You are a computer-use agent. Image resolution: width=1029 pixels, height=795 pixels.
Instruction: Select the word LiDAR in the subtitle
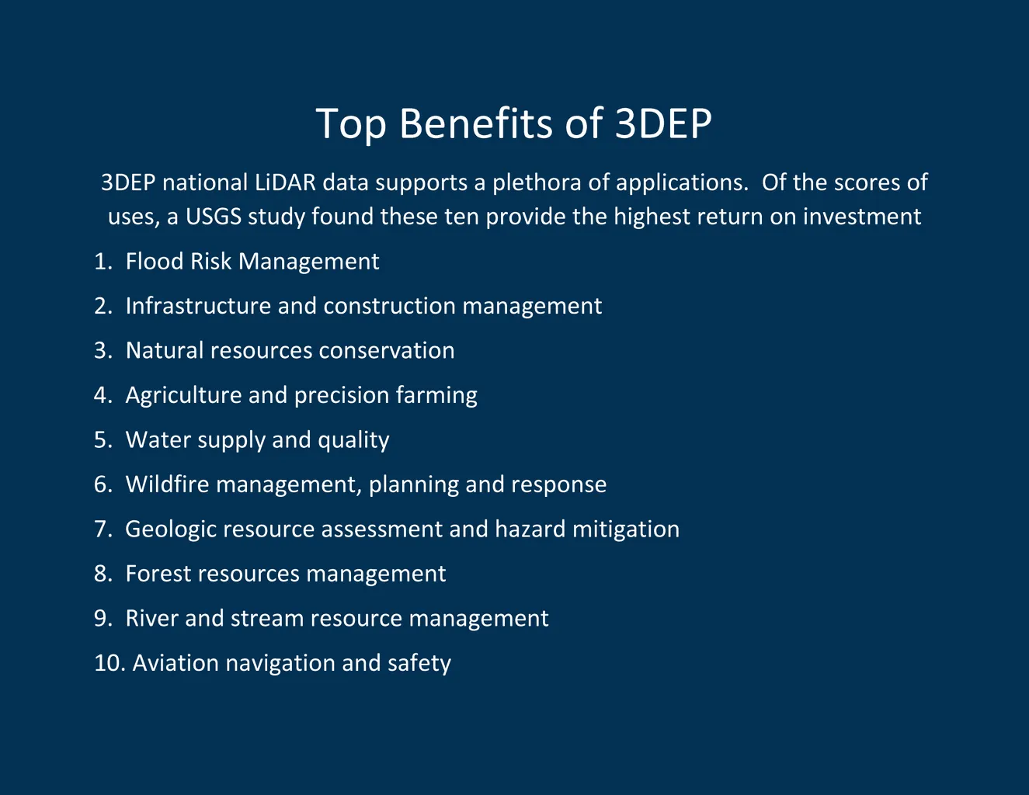285,182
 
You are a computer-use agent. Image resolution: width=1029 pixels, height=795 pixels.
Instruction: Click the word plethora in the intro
537,183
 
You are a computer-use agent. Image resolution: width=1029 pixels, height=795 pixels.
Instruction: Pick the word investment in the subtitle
862,217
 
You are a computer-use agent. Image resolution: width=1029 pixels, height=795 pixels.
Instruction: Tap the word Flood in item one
155,261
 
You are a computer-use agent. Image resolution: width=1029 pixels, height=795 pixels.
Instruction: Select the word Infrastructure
198,306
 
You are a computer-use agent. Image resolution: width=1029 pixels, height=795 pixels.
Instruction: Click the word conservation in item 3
387,351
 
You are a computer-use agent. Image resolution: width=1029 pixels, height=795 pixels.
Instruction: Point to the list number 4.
103,395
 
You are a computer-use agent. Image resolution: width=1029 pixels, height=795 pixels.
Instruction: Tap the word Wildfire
167,484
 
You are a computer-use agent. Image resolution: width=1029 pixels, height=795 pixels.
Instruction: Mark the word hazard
530,529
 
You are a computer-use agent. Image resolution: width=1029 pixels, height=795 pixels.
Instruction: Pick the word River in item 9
151,618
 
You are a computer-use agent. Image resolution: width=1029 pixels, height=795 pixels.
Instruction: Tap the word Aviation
176,663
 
